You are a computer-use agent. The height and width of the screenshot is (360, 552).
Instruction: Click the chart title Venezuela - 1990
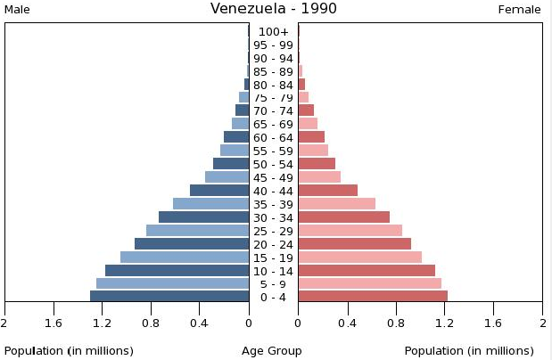(x=273, y=9)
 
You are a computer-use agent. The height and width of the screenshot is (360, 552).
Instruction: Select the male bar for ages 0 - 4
(x=169, y=297)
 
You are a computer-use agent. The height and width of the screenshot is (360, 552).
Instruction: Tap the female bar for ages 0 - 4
(x=373, y=297)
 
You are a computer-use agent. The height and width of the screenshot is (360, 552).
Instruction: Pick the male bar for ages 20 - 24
(x=192, y=244)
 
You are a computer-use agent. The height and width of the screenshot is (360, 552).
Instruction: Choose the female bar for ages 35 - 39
(x=336, y=204)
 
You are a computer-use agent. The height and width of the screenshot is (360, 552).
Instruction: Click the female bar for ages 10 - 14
(x=367, y=271)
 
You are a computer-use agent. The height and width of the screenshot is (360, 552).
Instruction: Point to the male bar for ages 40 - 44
(x=219, y=191)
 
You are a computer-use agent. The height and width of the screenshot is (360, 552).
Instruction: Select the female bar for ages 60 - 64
(x=311, y=137)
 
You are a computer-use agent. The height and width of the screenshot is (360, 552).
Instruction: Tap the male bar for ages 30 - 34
(x=203, y=217)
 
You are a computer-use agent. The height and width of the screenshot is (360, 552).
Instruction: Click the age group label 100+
(x=273, y=32)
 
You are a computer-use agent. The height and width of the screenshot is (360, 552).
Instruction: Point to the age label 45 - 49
(x=273, y=178)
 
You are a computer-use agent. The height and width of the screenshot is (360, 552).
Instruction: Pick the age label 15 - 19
(x=273, y=258)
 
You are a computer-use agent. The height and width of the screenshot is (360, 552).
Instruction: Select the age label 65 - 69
(x=273, y=125)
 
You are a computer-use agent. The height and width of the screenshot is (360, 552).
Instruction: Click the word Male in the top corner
(x=19, y=10)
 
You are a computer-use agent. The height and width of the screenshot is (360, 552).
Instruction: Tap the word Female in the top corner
(x=519, y=10)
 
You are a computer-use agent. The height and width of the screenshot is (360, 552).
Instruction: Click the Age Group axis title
(x=272, y=351)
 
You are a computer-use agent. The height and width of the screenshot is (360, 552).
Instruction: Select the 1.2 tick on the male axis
(x=102, y=323)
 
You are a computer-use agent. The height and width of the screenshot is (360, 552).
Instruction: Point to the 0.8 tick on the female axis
(x=396, y=323)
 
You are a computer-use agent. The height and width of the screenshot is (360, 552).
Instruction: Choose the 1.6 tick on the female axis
(x=493, y=323)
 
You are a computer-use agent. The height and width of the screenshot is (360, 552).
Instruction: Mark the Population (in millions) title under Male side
(x=69, y=351)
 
